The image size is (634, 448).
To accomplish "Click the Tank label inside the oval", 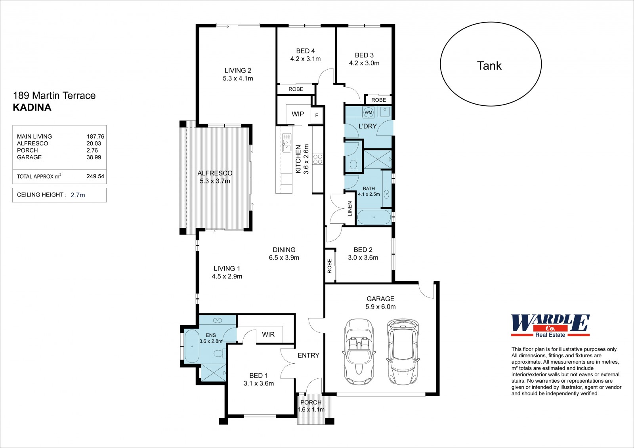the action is [x=489, y=66].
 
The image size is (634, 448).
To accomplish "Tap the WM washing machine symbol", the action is [x=368, y=112].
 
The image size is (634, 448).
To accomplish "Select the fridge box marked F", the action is [x=317, y=115].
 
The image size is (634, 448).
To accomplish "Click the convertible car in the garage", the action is [x=359, y=352].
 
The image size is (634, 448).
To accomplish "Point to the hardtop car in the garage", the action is [x=403, y=352].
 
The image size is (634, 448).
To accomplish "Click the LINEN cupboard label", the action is [x=350, y=209].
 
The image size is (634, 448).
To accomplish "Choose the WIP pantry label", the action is [x=298, y=114].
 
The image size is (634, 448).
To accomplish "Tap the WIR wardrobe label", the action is [x=268, y=334].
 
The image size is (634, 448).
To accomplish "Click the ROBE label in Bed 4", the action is [x=296, y=89].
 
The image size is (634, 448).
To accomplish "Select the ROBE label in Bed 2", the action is [x=329, y=266].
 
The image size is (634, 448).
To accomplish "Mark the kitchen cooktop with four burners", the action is [x=317, y=159].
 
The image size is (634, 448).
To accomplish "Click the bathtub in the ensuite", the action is [x=192, y=346].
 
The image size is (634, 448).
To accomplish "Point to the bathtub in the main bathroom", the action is [x=374, y=217].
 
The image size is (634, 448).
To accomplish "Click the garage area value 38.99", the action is [x=94, y=157].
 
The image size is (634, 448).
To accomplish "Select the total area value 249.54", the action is [x=95, y=176].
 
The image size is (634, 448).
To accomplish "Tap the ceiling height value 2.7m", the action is [x=78, y=195].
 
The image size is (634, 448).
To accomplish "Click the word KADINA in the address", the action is [x=32, y=107].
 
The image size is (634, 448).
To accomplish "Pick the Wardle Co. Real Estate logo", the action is [x=550, y=326].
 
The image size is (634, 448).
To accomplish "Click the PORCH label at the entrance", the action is [x=311, y=402].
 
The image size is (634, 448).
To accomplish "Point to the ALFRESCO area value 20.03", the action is [x=94, y=143].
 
